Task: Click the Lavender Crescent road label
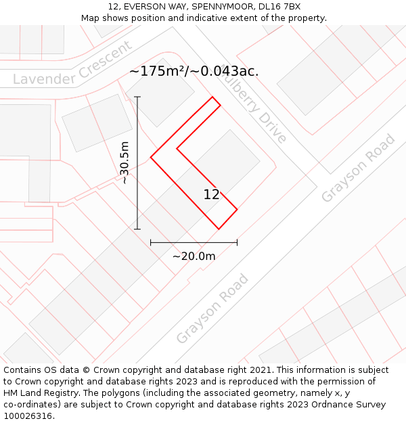(x=72, y=66)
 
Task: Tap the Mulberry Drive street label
(x=254, y=106)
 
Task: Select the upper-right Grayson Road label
(x=358, y=169)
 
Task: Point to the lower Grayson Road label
(x=213, y=309)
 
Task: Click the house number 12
(x=211, y=194)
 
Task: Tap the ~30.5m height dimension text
(x=125, y=162)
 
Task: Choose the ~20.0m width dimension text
(x=194, y=256)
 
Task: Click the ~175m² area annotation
(x=194, y=71)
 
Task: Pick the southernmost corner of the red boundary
(x=219, y=229)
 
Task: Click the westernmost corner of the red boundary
(x=151, y=158)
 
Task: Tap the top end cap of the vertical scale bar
(x=137, y=97)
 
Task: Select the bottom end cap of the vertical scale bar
(x=137, y=229)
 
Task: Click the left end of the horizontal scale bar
(x=151, y=242)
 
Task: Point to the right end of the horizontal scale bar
(x=237, y=242)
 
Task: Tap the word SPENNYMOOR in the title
(x=218, y=7)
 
